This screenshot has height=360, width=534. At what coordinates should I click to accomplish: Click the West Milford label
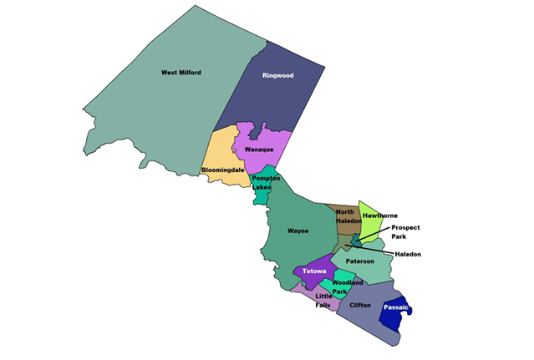tap(181, 73)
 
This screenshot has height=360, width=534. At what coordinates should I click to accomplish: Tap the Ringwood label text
tap(278, 75)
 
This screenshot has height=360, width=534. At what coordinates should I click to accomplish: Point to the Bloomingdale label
tap(223, 170)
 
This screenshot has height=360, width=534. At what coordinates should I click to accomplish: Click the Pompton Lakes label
tap(266, 183)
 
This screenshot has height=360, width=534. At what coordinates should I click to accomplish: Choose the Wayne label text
tap(298, 230)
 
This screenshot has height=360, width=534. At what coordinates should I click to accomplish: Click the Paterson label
tap(360, 261)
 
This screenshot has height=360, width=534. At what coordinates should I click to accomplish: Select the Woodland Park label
tap(347, 287)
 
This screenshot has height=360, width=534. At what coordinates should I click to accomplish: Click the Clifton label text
tap(360, 306)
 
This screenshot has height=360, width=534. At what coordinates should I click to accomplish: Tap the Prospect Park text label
tap(405, 231)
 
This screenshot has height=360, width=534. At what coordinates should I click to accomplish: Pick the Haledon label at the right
tap(408, 254)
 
